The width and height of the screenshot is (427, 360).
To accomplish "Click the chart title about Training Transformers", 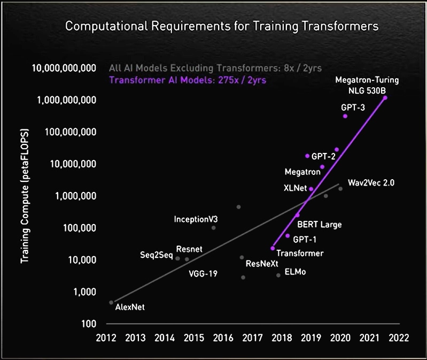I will pos(221,26).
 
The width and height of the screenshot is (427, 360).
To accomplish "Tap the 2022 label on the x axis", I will pos(399,338).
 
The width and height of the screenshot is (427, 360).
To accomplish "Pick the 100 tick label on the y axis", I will pos(89,324).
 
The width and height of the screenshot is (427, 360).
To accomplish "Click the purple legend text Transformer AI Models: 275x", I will pos(188,81).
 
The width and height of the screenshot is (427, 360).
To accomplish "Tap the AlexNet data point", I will pos(111,302).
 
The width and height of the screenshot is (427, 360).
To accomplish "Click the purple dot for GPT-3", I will pos(345,116).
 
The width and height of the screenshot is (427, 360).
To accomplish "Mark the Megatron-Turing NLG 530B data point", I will pos(385,98).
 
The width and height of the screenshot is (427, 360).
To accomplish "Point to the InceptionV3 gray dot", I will pos(213,228).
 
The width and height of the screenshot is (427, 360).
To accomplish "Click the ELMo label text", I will pos(296,272).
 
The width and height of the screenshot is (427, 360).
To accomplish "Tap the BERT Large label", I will pos(319,225).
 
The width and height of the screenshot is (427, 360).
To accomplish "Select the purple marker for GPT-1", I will pos(288,236).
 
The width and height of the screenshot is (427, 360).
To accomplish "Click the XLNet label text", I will pos(294,188).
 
